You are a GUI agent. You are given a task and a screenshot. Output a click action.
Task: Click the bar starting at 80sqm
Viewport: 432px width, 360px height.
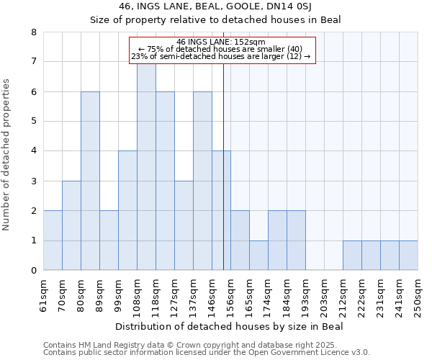click(x=90, y=181)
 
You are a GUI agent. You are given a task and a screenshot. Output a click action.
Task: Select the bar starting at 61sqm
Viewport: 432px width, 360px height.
click(x=53, y=240)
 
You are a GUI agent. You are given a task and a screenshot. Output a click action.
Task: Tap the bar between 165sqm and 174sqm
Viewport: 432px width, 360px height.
click(x=258, y=256)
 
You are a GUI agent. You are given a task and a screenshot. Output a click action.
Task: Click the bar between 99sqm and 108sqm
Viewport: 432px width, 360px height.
click(x=127, y=210)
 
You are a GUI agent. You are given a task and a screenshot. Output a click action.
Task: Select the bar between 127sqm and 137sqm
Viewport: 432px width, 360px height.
click(x=184, y=225)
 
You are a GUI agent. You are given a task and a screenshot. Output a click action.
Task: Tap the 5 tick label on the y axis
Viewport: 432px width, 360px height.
click(x=33, y=121)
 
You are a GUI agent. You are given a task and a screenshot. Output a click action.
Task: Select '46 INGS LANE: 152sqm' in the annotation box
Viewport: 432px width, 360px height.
click(x=222, y=42)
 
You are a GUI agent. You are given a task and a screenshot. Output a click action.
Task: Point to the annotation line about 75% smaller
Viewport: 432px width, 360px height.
click(x=222, y=49)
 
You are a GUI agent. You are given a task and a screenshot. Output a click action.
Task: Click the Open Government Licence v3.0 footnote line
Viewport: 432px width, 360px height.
click(x=207, y=353)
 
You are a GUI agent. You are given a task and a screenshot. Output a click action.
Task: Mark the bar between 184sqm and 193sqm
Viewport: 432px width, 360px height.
click(x=296, y=240)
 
